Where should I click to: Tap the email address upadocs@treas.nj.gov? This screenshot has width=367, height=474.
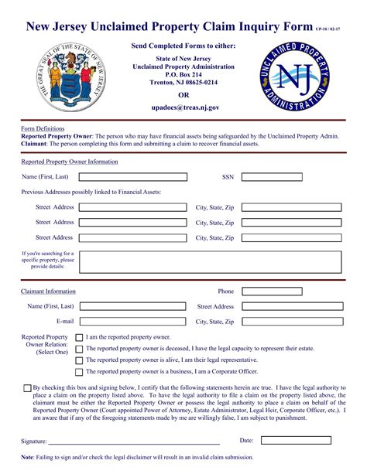[185, 109]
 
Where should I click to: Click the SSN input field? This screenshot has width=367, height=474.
[283, 177]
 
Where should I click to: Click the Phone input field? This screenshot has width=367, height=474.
[283, 292]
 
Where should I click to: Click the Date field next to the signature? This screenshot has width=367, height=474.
[296, 440]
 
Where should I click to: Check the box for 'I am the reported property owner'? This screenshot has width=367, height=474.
[79, 338]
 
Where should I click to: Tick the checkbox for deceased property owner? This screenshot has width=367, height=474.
[79, 349]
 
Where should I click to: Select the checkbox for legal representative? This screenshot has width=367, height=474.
[79, 360]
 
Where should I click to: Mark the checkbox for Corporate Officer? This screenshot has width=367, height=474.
[79, 372]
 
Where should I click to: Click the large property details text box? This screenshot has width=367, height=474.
[211, 261]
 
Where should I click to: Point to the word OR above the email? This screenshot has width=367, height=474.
[183, 95]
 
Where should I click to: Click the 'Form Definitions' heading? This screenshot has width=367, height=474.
[43, 128]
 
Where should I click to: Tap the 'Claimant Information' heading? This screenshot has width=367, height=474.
[48, 292]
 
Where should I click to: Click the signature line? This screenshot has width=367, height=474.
[134, 443]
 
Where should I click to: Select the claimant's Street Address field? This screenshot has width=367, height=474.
[283, 306]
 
